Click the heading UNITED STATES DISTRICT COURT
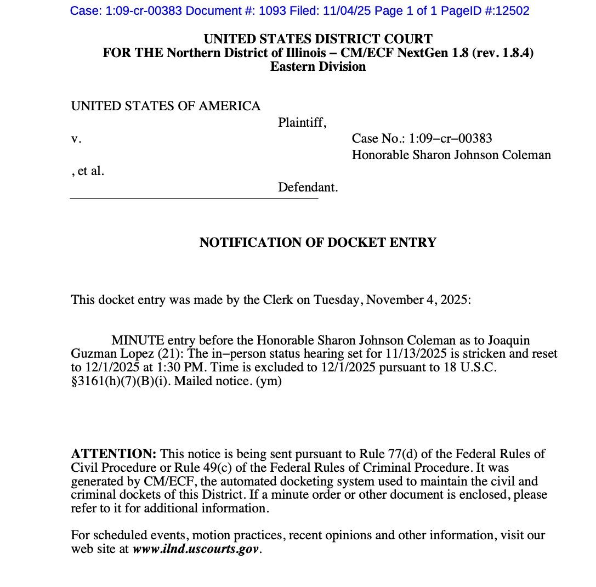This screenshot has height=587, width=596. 318,39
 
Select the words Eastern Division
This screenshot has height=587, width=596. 318,67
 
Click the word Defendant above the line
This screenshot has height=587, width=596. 306,188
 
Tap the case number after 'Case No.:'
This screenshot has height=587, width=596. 451,139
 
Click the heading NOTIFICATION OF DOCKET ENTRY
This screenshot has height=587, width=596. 318,242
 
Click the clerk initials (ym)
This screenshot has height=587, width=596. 269,381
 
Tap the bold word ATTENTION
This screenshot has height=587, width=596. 113,454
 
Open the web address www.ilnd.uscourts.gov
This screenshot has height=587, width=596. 196,549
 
